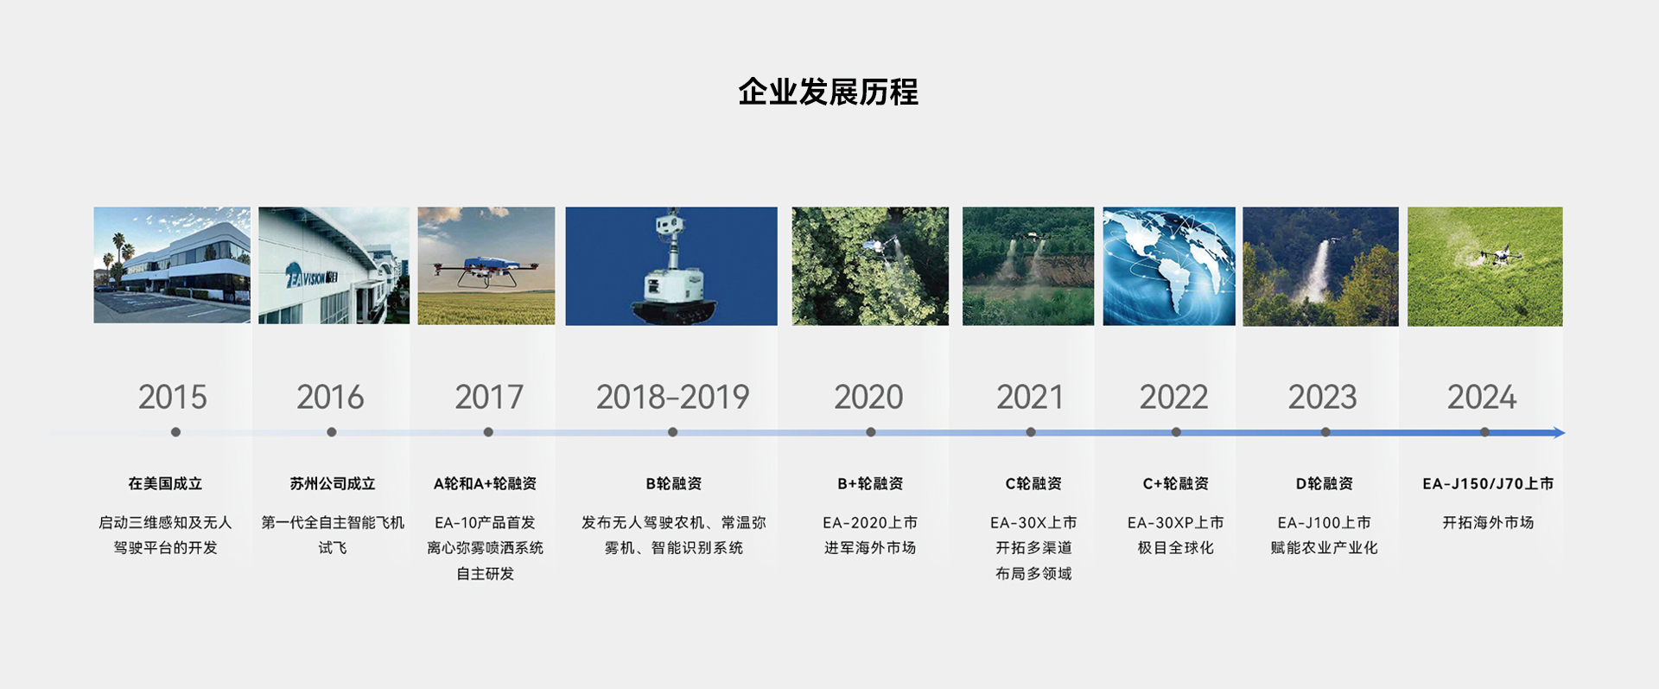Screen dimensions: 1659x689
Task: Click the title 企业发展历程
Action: pos(828,92)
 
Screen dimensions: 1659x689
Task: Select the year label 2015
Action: pos(173,398)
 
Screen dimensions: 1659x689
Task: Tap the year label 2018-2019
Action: pos(672,398)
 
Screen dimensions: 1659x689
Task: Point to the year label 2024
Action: pos(1482,398)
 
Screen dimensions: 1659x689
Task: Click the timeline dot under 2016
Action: pos(332,432)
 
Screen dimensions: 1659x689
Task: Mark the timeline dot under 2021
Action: pos(1031,432)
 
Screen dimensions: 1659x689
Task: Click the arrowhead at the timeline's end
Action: pos(1560,432)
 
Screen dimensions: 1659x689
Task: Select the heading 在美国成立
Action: pos(165,484)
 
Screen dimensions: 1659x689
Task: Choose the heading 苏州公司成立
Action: pos(333,484)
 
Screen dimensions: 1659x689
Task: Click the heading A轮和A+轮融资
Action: pos(485,484)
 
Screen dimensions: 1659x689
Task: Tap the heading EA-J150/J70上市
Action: pos(1488,484)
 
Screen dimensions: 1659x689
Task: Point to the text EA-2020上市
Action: pos(870,523)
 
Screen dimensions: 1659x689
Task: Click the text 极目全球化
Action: pos(1176,548)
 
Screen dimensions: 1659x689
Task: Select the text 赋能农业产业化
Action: pos(1324,548)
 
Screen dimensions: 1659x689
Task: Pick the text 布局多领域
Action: pos(1033,574)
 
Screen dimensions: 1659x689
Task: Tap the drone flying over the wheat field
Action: pos(486,271)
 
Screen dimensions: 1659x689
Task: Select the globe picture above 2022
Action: pos(1169,266)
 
